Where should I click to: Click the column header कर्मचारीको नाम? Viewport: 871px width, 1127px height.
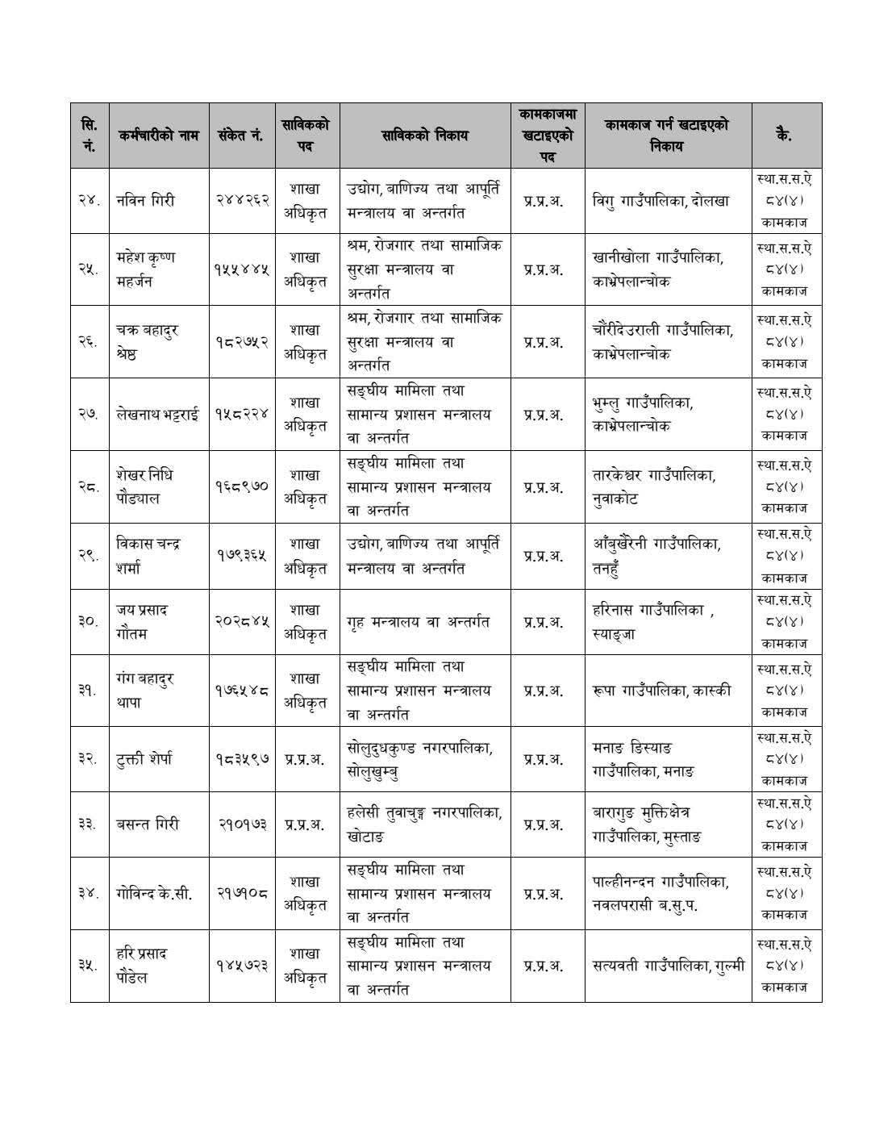coord(158,136)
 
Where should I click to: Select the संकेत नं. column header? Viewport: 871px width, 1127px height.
coord(241,136)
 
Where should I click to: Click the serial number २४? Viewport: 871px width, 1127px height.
coord(89,201)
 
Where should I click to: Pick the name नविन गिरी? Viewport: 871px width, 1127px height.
coord(146,201)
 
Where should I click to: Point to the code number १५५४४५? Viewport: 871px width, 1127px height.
coord(241,269)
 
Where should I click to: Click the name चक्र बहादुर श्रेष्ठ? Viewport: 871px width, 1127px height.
coord(147,342)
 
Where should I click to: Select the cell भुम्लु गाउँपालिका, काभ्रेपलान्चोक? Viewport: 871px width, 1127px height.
coord(643,414)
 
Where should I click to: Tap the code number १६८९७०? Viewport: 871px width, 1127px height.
coord(241,486)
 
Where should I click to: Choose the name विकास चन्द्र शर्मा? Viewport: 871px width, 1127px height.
coord(148,556)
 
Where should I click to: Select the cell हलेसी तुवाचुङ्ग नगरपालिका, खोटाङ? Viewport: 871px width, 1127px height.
coord(423,824)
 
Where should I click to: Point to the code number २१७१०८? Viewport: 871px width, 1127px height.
coord(243,894)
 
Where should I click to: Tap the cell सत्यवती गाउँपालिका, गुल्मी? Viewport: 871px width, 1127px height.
coord(668,966)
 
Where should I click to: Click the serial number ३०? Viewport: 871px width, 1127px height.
coord(89,622)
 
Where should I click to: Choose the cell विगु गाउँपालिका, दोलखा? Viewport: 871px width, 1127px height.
coord(660,201)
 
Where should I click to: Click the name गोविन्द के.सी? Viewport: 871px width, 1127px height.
coord(154,894)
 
